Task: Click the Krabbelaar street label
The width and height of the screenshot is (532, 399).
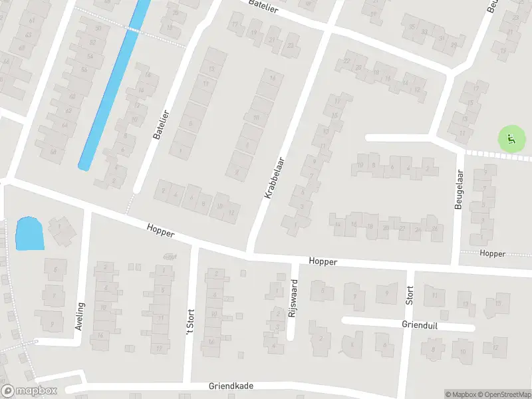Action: (274, 178)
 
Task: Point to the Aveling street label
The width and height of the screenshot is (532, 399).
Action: (81, 317)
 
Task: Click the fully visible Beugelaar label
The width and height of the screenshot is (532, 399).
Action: (458, 190)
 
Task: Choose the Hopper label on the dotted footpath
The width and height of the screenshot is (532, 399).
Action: (492, 254)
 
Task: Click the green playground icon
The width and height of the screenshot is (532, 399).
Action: (510, 139)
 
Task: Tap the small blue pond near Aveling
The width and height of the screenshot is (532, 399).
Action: (29, 233)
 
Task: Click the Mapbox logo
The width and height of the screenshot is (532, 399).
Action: (29, 391)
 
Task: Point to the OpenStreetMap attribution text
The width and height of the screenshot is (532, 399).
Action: (501, 394)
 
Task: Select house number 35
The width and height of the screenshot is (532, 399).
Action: (413, 27)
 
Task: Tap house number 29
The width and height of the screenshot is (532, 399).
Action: (454, 45)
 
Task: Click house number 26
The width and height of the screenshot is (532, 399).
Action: (435, 229)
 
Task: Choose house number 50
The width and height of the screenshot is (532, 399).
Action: (98, 28)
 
